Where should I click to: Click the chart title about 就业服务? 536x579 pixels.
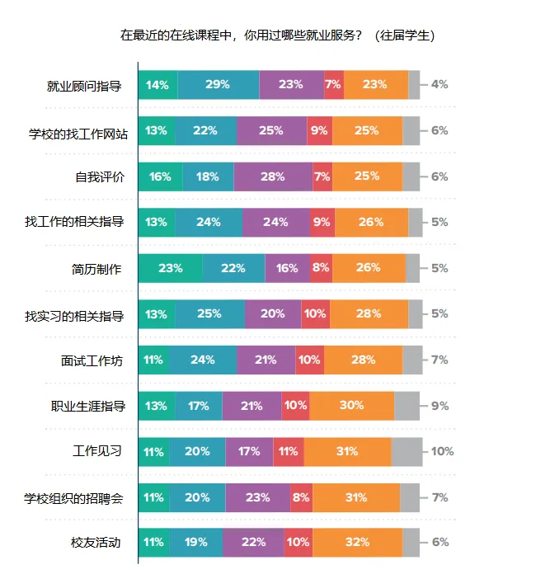[x=277, y=35]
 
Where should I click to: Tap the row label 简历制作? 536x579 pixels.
[x=97, y=268]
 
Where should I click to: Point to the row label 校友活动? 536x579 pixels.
[x=97, y=543]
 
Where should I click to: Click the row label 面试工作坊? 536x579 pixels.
[x=97, y=360]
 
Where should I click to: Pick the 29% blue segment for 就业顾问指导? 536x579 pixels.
[x=218, y=85]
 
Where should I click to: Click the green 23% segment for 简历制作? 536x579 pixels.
[x=170, y=268]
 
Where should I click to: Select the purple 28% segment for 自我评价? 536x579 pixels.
[x=273, y=177]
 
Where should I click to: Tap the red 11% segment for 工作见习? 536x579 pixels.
[x=288, y=451]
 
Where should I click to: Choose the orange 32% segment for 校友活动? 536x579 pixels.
[x=357, y=543]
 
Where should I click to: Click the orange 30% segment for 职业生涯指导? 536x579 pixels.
[x=351, y=406]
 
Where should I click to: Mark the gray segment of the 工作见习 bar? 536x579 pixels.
[x=407, y=451]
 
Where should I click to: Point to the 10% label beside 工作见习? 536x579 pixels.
[x=442, y=451]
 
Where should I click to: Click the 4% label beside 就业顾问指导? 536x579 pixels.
[x=439, y=85]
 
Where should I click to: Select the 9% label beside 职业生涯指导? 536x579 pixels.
[x=439, y=406]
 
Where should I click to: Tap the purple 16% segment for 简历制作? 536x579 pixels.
[x=287, y=268]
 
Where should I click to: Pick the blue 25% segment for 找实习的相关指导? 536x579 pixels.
[x=209, y=314]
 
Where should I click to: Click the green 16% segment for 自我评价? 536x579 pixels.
[x=160, y=177]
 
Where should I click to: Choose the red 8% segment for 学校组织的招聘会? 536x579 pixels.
[x=301, y=497]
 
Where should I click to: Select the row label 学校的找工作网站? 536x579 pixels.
[x=78, y=131]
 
